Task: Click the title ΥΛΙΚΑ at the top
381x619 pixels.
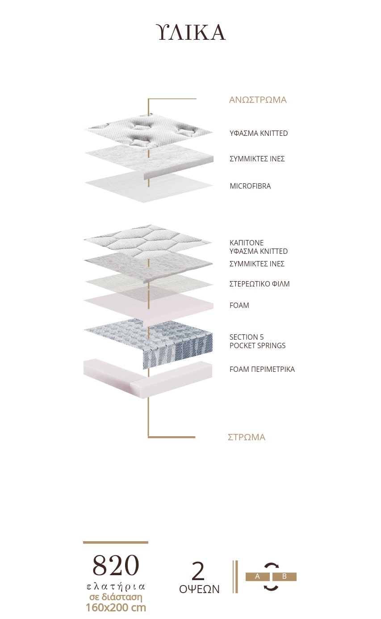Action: point(191,32)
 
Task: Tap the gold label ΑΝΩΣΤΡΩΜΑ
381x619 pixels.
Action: point(258,100)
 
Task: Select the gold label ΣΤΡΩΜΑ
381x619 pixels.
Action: point(247,437)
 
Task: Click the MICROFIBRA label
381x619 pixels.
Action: point(250,186)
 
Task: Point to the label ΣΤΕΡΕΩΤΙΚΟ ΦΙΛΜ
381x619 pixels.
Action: point(260,284)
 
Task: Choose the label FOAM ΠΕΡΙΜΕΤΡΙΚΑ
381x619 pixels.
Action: point(262,369)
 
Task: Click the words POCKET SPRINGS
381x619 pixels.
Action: point(258,345)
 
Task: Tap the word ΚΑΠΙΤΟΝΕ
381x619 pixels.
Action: point(247,243)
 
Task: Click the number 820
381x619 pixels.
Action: point(115,566)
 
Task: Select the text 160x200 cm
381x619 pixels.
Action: point(116,608)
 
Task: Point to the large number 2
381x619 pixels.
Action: point(198,572)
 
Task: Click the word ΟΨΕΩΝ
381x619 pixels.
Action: point(199,590)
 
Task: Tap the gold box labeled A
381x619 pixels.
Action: point(258,577)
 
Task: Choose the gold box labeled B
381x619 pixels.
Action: point(285,577)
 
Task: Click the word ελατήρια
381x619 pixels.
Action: point(116,587)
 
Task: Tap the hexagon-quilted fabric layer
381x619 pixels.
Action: point(148,241)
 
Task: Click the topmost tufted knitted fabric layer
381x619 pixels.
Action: point(149,131)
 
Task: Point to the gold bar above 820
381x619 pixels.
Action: point(116,543)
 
